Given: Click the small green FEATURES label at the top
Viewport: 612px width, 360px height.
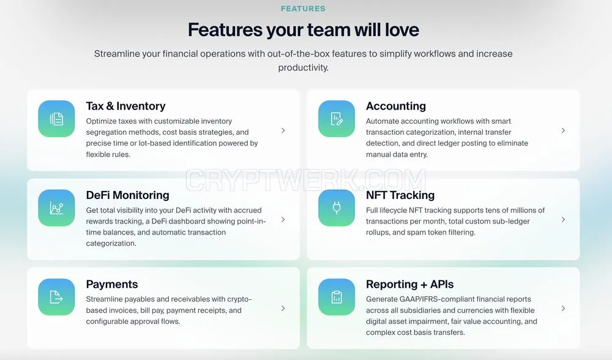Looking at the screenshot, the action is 303,9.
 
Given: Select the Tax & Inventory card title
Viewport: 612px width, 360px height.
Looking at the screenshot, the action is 125,106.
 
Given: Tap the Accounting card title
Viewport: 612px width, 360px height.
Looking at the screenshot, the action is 396,106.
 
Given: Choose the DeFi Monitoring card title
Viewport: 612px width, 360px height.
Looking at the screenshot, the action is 128,195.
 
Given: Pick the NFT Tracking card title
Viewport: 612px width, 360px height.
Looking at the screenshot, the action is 400,195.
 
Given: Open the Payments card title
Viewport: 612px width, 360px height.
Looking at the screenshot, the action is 112,284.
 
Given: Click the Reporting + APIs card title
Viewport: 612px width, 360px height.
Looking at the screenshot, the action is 410,284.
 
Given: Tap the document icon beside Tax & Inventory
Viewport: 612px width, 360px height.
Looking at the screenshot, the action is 56,119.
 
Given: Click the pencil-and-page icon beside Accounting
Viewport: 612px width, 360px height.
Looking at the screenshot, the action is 337,119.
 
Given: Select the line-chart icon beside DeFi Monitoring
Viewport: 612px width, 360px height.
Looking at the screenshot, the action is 56,208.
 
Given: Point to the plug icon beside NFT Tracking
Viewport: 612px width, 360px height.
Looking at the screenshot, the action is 337,208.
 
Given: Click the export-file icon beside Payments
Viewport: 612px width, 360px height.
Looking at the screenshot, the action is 56,297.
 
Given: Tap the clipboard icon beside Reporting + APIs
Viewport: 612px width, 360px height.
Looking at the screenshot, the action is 337,297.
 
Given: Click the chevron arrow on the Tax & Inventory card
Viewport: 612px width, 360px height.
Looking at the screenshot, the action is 283,130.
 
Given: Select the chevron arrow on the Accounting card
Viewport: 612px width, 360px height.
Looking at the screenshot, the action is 563,130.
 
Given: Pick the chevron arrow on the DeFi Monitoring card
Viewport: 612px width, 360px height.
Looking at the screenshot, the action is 283,219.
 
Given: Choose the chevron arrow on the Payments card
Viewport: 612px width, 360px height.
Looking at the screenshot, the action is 283,309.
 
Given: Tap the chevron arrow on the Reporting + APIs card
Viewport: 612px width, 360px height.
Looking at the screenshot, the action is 563,309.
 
